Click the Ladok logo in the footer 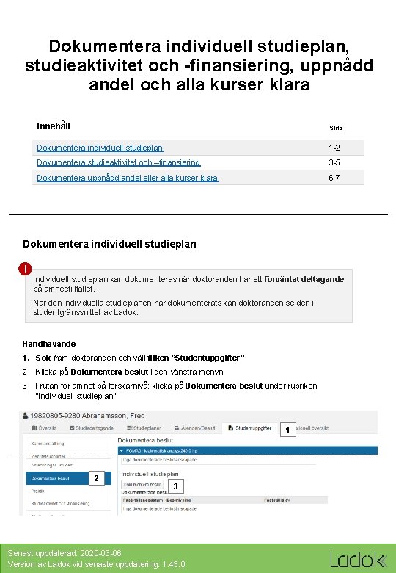[357, 560]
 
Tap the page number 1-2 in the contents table [335, 148]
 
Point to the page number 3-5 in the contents [335, 162]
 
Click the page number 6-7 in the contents [335, 178]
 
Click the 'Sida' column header [336, 128]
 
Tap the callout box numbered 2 [95, 479]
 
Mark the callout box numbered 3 [175, 487]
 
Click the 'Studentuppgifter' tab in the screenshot [254, 426]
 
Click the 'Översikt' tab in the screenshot [45, 426]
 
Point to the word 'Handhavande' [49, 344]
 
